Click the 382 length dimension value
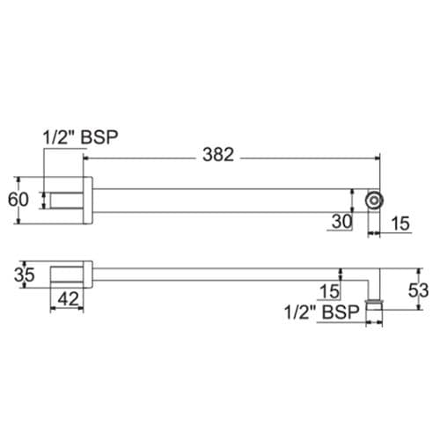218,155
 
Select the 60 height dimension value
18,200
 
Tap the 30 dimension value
342,222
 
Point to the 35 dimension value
25,275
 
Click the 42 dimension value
68,299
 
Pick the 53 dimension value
419,290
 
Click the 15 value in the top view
400,224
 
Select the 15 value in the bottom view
330,291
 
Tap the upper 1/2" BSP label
81,137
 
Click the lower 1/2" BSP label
322,312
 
